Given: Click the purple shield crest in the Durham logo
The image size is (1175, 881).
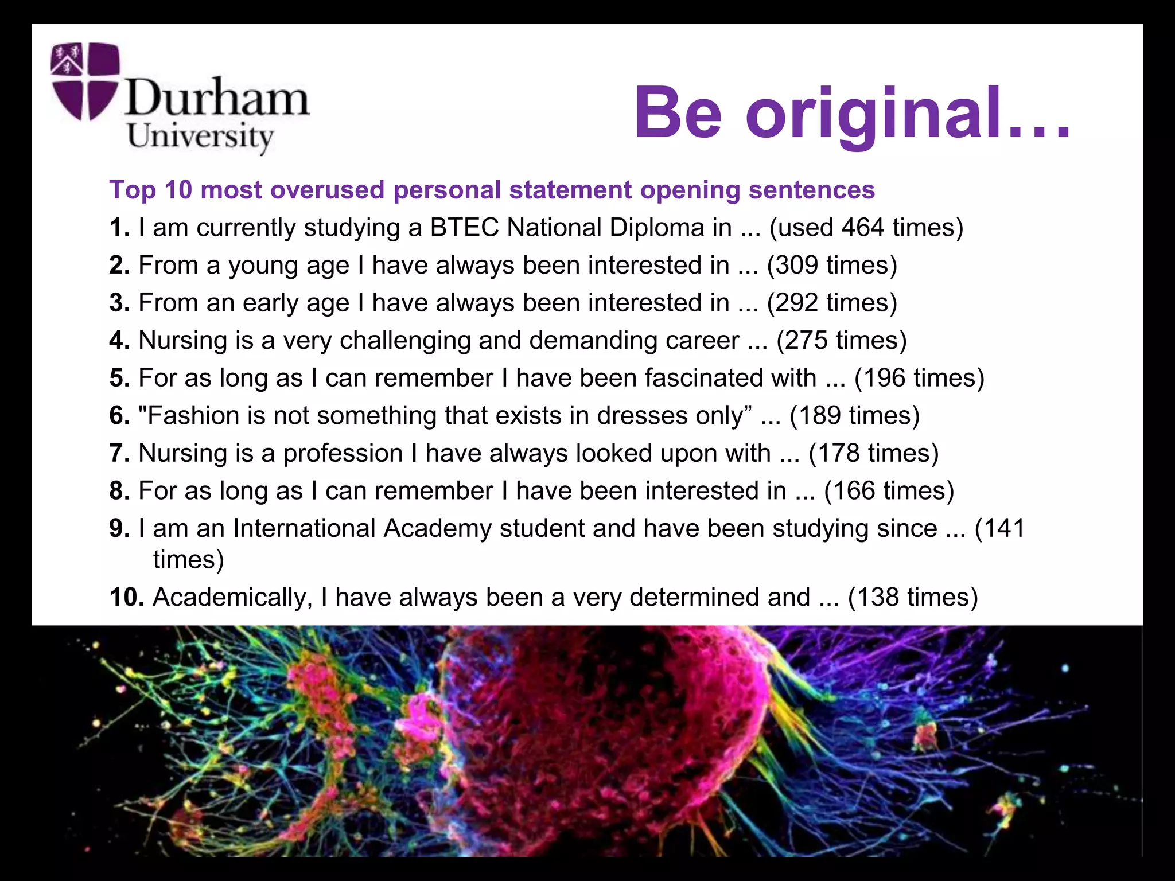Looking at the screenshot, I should [85, 81].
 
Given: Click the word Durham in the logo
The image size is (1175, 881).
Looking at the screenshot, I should [217, 98].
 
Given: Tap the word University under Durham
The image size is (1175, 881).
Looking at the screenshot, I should [200, 137].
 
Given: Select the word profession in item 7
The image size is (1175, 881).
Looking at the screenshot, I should [343, 453].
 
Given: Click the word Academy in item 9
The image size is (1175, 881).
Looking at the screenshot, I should [437, 528].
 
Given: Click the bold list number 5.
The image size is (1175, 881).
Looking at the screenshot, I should [119, 378].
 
